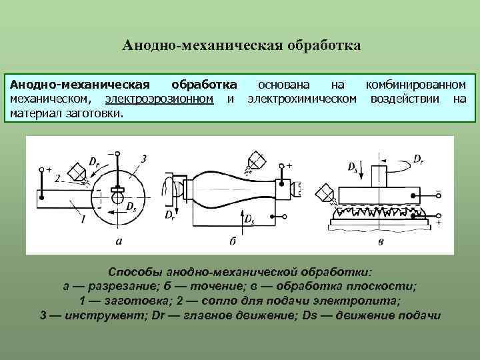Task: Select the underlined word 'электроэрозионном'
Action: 159,99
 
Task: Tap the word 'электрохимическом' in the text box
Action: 301,99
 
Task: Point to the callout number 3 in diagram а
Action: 143,158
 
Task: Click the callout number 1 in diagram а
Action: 82,218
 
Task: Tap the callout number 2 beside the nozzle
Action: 58,179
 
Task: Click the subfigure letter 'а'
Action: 119,241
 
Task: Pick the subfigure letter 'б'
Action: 233,241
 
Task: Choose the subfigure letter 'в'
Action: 380,241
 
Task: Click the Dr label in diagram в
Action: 418,159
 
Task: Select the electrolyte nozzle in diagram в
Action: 327,192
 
